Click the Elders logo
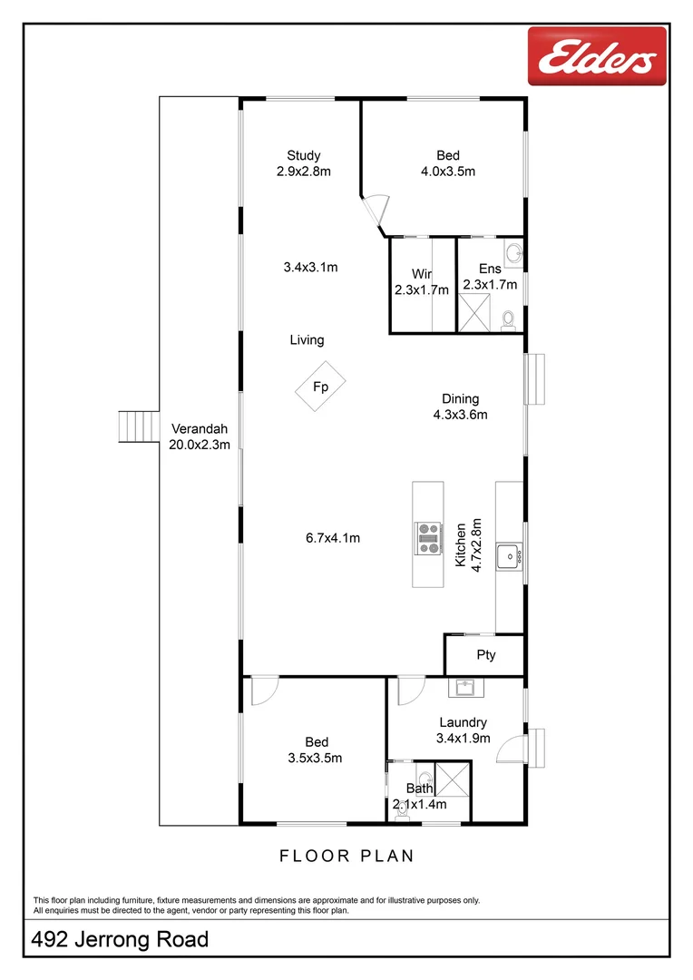click(597, 56)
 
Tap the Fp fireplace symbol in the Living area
click(320, 387)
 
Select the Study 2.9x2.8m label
click(304, 162)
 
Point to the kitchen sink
click(510, 552)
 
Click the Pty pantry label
click(486, 655)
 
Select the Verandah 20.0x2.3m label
click(199, 436)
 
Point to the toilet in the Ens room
click(508, 318)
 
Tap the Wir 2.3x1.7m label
click(422, 281)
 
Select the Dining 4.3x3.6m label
click(460, 407)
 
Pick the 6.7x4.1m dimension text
click(332, 537)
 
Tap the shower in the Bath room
click(452, 779)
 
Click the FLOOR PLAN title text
click(346, 855)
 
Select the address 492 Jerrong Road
click(121, 939)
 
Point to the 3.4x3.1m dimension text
click(310, 267)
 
